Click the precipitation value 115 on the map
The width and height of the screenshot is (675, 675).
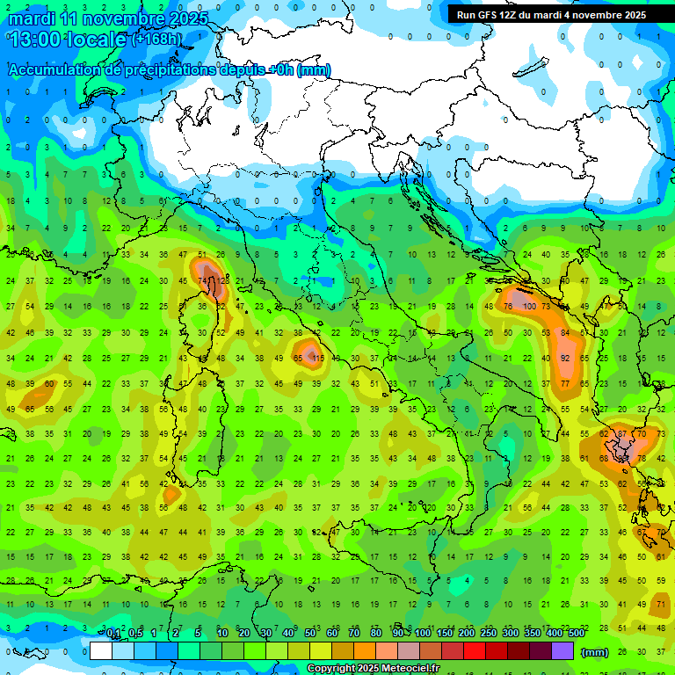tap(317, 359)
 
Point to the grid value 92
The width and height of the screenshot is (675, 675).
tap(566, 359)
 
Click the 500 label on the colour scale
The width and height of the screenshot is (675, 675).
tap(576, 634)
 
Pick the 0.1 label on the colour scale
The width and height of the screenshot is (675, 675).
tap(113, 634)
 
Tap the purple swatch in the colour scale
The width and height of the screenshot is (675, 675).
tap(562, 651)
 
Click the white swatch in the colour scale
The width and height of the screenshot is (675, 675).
tap(101, 651)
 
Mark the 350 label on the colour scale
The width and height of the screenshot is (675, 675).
tap(532, 634)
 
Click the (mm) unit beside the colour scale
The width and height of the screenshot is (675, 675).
tap(595, 652)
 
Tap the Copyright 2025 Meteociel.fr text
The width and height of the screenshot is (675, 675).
tap(373, 669)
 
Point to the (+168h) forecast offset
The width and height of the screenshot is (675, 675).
tap(156, 40)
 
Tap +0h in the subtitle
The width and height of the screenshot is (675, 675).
tap(281, 69)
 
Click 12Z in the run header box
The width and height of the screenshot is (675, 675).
tap(510, 15)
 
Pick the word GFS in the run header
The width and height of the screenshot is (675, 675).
tap(487, 15)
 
